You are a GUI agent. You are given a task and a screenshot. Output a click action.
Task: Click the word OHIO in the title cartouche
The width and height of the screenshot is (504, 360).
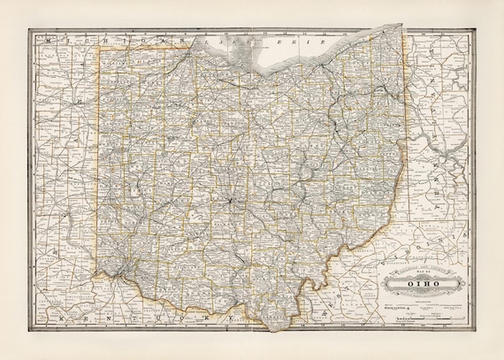click(x=424, y=283)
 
